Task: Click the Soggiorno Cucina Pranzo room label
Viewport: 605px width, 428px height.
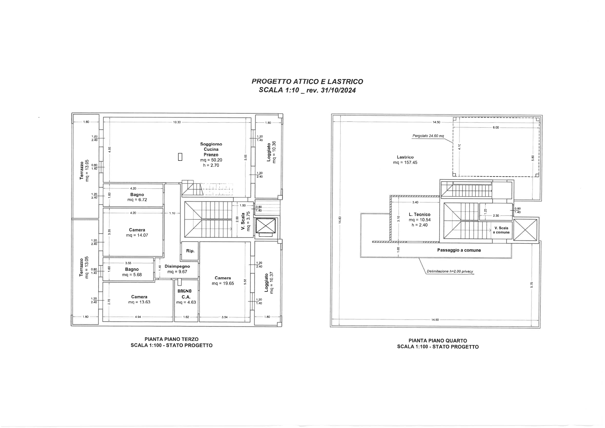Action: pyautogui.click(x=211, y=149)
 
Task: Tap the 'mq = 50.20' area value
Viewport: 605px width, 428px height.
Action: pyautogui.click(x=211, y=160)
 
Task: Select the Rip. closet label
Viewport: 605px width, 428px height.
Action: pyautogui.click(x=190, y=251)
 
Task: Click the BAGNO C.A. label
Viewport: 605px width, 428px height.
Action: pyautogui.click(x=185, y=294)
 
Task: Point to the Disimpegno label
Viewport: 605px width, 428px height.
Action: pyautogui.click(x=177, y=266)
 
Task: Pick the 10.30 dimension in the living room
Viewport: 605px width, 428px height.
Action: pyautogui.click(x=177, y=122)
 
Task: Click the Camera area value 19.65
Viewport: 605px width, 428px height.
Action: pyautogui.click(x=223, y=284)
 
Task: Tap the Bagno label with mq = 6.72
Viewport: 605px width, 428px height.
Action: pyautogui.click(x=137, y=195)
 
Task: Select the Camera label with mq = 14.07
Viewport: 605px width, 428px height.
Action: pyautogui.click(x=137, y=230)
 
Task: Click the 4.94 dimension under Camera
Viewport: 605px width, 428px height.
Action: pyautogui.click(x=138, y=317)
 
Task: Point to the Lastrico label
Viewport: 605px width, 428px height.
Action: pyautogui.click(x=405, y=157)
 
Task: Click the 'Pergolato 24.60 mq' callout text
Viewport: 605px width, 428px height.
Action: pyautogui.click(x=428, y=136)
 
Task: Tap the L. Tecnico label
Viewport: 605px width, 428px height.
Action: pyautogui.click(x=420, y=215)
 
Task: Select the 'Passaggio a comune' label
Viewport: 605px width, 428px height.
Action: pyautogui.click(x=459, y=250)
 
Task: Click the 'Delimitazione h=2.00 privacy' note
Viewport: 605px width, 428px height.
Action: pyautogui.click(x=450, y=271)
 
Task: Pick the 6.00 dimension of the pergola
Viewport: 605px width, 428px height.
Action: pyautogui.click(x=496, y=128)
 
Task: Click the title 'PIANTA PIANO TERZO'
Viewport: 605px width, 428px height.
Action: pyautogui.click(x=171, y=339)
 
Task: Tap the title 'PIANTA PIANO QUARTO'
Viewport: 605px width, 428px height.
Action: pyautogui.click(x=438, y=341)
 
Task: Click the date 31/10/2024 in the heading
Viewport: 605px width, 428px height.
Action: pyautogui.click(x=338, y=90)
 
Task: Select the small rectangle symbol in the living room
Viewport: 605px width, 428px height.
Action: pyautogui.click(x=180, y=157)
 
